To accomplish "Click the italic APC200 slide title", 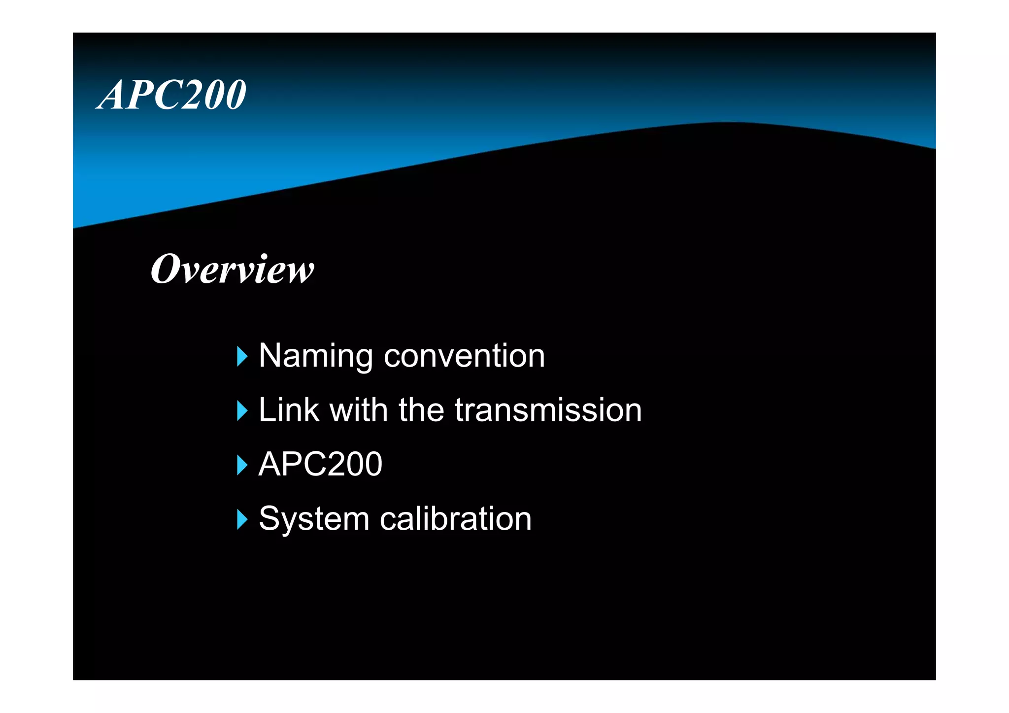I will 171,95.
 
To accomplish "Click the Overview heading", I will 232,269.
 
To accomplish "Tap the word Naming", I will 316,356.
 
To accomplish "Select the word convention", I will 464,356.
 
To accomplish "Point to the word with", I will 359,410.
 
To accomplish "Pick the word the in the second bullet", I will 421,410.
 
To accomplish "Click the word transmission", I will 548,410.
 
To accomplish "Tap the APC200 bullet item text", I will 320,464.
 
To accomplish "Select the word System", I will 314,519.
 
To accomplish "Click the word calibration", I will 456,519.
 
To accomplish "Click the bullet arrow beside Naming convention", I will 242,356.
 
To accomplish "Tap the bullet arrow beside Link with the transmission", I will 242,410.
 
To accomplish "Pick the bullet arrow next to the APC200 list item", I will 242,465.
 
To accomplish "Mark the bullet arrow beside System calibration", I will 242,519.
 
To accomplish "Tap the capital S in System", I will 269,519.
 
